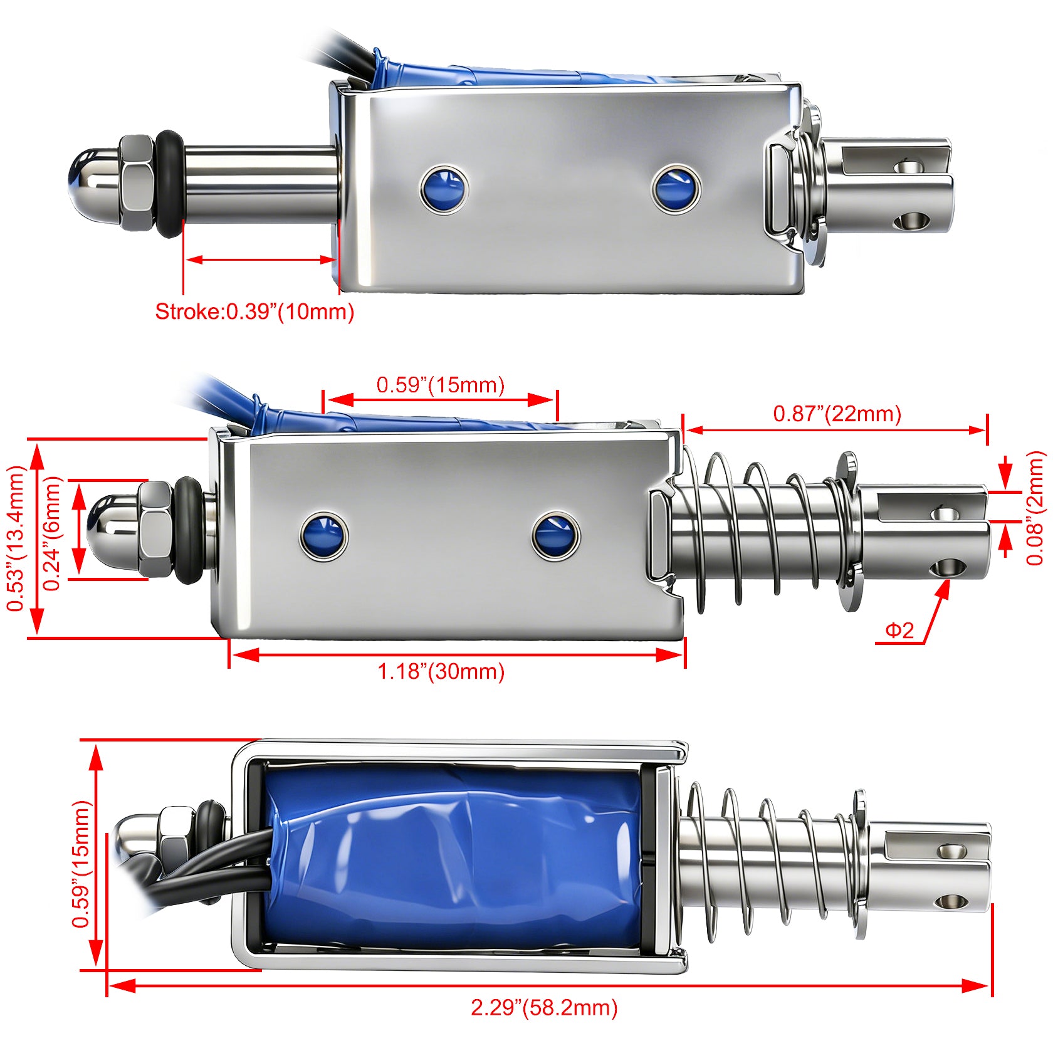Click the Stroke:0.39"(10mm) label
pyautogui.click(x=254, y=312)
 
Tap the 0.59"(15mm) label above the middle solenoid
pyautogui.click(x=440, y=384)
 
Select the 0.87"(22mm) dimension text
pyautogui.click(x=837, y=414)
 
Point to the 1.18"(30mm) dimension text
pyautogui.click(x=441, y=671)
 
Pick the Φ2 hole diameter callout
pyautogui.click(x=899, y=630)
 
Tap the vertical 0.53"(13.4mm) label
pyautogui.click(x=15, y=538)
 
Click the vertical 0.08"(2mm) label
pyautogui.click(x=1035, y=508)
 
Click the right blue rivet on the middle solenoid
pyautogui.click(x=555, y=535)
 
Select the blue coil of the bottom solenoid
pyautogui.click(x=454, y=856)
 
